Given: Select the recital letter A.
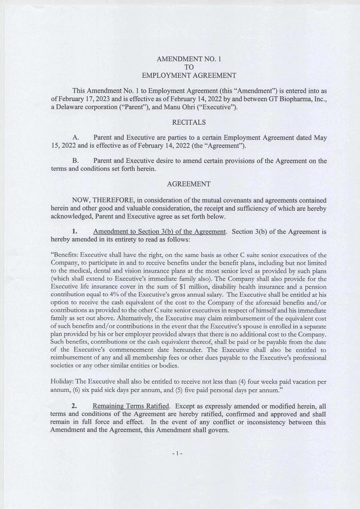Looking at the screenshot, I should (x=76, y=138).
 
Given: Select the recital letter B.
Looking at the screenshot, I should (x=76, y=161).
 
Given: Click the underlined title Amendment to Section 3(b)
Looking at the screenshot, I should (x=159, y=232).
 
